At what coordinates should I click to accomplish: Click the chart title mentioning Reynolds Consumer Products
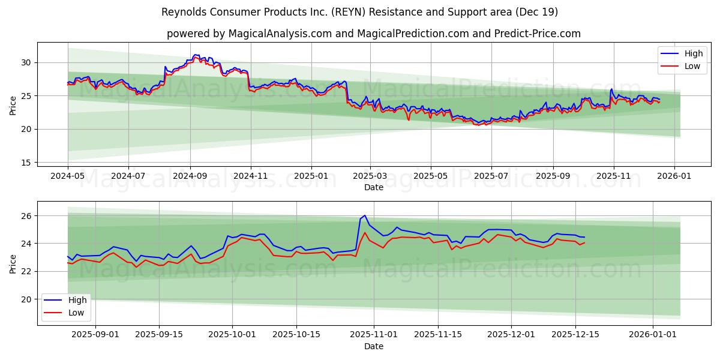pyautogui.click(x=360, y=12)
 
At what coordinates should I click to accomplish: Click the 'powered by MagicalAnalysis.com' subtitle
pyautogui.click(x=373, y=34)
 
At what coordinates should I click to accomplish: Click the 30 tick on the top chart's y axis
pyautogui.click(x=26, y=62)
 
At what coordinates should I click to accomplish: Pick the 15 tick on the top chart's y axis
pyautogui.click(x=26, y=163)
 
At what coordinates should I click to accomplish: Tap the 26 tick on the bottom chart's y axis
pyautogui.click(x=26, y=215)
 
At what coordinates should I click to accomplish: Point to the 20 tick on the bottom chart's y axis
pyautogui.click(x=26, y=299)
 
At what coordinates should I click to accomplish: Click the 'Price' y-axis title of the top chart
pyautogui.click(x=13, y=105)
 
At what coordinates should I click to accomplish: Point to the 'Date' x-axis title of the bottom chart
pyautogui.click(x=373, y=346)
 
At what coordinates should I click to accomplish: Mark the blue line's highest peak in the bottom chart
pyautogui.click(x=364, y=215)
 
